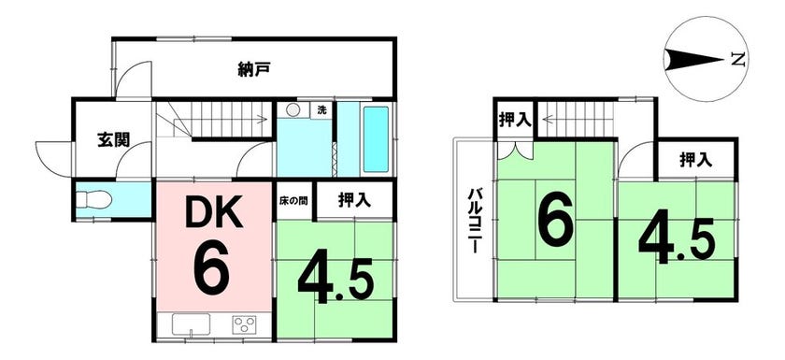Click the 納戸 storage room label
254,70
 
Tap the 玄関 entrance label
114,140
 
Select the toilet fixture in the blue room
95,200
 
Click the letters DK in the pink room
214,212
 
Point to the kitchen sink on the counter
192,324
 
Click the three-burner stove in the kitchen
244,324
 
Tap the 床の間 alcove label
293,200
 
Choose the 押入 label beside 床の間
354,200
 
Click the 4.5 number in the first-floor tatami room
335,281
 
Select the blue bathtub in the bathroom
376,138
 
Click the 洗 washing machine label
321,110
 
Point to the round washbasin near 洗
293,110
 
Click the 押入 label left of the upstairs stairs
515,121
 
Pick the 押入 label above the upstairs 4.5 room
696,160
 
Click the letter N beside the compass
737,60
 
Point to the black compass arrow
695,60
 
